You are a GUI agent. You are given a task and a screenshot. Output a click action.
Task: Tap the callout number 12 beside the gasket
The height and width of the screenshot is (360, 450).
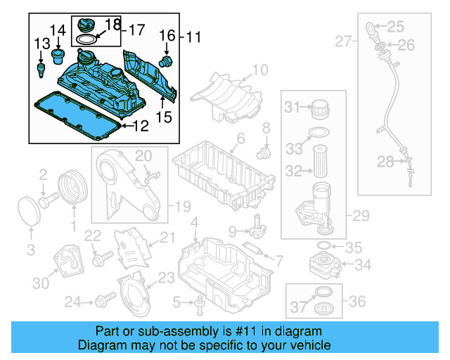pyautogui.click(x=141, y=127)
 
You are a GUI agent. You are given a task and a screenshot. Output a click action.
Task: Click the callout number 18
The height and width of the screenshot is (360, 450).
pyautogui.click(x=112, y=25)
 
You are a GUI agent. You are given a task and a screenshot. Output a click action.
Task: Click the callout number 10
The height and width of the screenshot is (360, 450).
pyautogui.click(x=259, y=70)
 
